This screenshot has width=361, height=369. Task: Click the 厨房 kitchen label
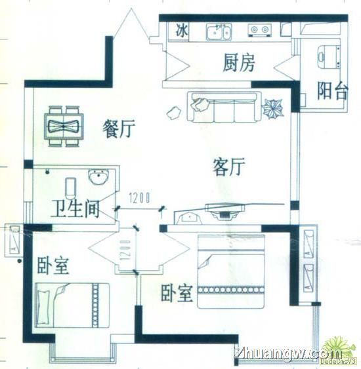pyautogui.click(x=239, y=63)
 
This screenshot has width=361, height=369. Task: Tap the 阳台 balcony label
pyautogui.click(x=331, y=90)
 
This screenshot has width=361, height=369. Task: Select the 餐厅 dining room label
pyautogui.click(x=119, y=128)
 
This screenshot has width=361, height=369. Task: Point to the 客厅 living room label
pyautogui.click(x=229, y=167)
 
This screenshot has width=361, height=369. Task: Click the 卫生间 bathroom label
pyautogui.click(x=75, y=208)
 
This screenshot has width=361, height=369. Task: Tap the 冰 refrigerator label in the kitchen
pyautogui.click(x=182, y=31)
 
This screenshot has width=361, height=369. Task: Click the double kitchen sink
pyautogui.click(x=219, y=32)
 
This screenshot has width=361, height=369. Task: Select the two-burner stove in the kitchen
pyautogui.click(x=259, y=30)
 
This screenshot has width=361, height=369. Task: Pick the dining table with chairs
pyautogui.click(x=64, y=126)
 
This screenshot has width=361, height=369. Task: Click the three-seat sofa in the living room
pyautogui.click(x=224, y=107)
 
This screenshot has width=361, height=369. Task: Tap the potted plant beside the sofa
pyautogui.click(x=273, y=108)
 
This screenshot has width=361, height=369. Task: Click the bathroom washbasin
pyautogui.click(x=98, y=177)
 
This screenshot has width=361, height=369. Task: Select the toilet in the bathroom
pyautogui.click(x=70, y=189)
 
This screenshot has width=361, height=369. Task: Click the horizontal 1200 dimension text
pyautogui.click(x=139, y=198)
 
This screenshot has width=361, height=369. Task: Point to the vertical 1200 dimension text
pyautogui.click(x=125, y=250)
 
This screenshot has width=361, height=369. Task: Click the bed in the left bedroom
pyautogui.click(x=72, y=305)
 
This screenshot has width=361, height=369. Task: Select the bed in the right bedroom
pyautogui.click(x=231, y=271)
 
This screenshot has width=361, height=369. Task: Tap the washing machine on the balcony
pyautogui.click(x=328, y=57)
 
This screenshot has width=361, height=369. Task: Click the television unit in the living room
pyautogui.click(x=224, y=211)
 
